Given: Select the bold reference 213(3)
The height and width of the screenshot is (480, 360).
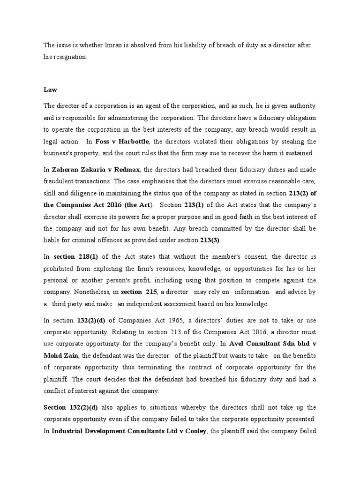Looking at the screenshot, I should coord(209,240).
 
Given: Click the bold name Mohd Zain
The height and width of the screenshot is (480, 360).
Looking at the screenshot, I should coord(63,356).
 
